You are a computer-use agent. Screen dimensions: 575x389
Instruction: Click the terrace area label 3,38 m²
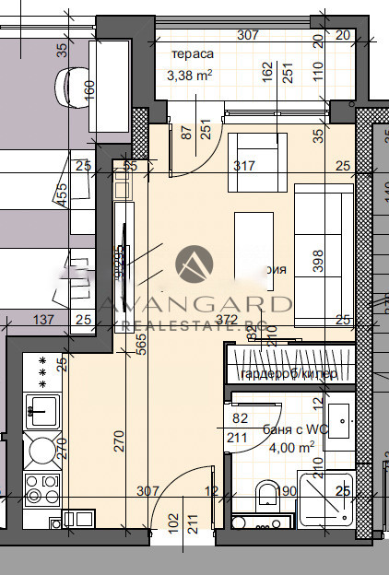tap(191, 76)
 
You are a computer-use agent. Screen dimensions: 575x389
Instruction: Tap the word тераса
tap(186, 55)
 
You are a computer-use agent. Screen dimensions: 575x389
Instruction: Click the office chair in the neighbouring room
tap(72, 88)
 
